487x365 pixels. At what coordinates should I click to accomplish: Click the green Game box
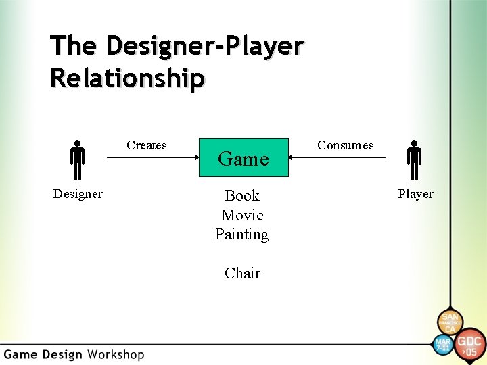point(243,158)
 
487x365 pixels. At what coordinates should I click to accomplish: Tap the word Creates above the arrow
point(147,145)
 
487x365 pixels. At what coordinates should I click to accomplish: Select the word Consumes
point(345,145)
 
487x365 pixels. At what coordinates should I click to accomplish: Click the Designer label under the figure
point(78,194)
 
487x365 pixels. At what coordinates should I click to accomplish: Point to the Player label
point(415,194)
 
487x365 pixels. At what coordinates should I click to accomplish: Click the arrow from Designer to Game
point(152,158)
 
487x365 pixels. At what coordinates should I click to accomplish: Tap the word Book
point(242,196)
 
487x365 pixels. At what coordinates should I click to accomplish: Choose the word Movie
point(242,216)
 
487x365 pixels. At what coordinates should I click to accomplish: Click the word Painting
point(242,235)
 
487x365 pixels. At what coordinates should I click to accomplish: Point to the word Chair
point(242,274)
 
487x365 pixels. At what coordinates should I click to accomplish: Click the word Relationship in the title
point(126,78)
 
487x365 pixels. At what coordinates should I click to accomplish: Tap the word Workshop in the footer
point(116,354)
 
